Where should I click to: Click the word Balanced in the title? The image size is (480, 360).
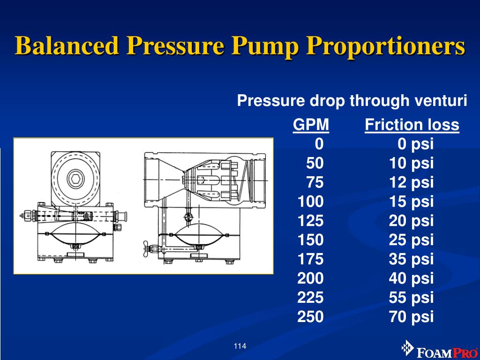67,45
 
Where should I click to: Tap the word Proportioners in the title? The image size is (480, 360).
386,46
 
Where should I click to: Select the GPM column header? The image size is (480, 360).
311,125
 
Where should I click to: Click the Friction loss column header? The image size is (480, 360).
412,125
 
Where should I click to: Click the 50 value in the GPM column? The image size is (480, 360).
315,163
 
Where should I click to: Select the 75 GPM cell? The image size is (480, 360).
315,182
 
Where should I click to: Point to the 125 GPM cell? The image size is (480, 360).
310,220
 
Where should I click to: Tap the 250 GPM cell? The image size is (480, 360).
310,316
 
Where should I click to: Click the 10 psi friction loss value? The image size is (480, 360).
411,164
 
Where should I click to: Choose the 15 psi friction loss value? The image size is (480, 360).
411,202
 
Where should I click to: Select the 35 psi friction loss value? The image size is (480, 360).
411,259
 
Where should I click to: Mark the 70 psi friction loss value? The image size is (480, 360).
411,317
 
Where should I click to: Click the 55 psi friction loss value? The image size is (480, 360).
411,298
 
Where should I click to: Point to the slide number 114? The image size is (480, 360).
240,346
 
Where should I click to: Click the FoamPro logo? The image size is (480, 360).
440,350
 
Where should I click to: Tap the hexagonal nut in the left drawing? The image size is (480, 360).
75,178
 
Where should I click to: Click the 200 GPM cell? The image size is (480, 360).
310,278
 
